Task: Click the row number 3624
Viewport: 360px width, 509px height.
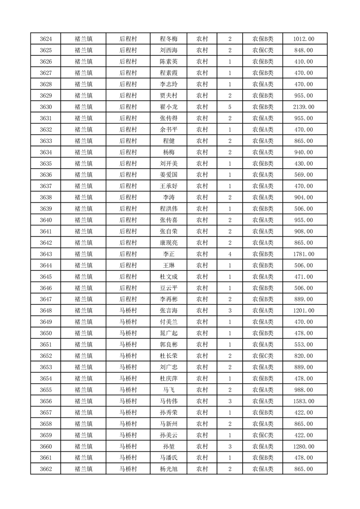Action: click(x=46, y=39)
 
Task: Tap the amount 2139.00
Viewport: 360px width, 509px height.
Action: click(x=304, y=107)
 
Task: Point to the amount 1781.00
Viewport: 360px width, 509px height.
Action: click(x=304, y=254)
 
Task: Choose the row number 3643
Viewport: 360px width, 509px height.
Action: click(x=46, y=254)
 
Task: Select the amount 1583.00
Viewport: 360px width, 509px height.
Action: click(x=304, y=401)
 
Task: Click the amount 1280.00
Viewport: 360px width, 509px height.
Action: click(x=304, y=446)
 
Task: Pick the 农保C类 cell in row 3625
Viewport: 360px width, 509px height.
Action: click(x=263, y=50)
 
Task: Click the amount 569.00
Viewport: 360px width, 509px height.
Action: click(x=304, y=175)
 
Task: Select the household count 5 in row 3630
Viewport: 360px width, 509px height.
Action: click(x=230, y=107)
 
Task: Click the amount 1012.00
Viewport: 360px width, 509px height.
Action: click(x=304, y=39)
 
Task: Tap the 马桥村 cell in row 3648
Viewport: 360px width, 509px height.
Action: click(x=128, y=311)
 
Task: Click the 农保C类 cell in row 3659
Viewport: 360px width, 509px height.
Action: click(x=263, y=435)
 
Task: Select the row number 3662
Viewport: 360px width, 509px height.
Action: click(x=46, y=469)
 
